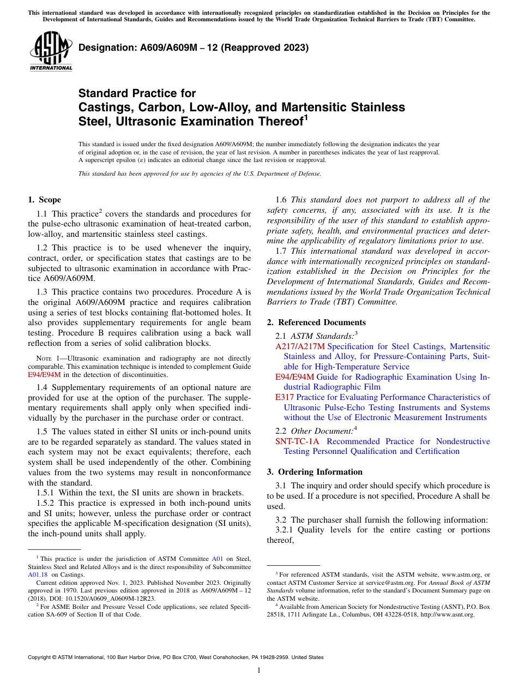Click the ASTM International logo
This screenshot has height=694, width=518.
[51, 52]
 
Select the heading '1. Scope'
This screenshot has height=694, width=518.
[44, 200]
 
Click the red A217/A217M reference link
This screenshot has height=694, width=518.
[300, 346]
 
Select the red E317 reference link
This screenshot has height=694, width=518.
[285, 397]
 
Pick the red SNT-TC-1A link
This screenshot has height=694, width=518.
[298, 441]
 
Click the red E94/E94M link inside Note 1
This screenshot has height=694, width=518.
[44, 375]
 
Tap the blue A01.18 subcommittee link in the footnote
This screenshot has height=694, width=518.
[38, 575]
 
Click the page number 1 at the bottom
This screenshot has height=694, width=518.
[259, 671]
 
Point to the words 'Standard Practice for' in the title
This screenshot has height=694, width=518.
[137, 93]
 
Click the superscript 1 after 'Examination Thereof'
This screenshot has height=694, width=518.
[306, 117]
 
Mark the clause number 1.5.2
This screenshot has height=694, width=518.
[45, 503]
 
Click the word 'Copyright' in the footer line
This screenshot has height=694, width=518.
[40, 657]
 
